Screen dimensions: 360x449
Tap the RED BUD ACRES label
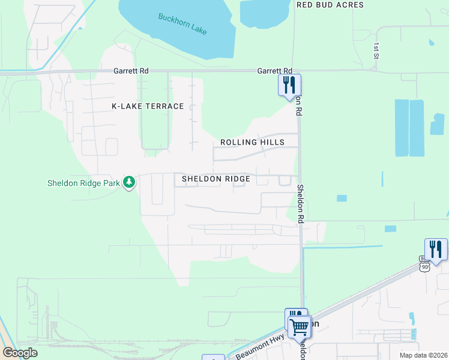click(330, 5)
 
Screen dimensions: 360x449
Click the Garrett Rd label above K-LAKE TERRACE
click(131, 71)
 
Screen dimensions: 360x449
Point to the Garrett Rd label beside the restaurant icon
click(274, 71)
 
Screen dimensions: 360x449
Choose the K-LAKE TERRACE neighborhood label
click(148, 106)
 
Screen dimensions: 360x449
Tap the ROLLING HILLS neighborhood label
click(252, 142)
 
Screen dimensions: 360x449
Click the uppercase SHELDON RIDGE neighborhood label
click(215, 179)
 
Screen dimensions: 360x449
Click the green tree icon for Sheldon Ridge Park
click(128, 182)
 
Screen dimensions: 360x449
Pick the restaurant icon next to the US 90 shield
click(436, 249)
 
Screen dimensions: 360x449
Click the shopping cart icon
click(299, 328)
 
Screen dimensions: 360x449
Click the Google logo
click(20, 353)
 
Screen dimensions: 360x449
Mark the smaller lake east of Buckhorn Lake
click(264, 14)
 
